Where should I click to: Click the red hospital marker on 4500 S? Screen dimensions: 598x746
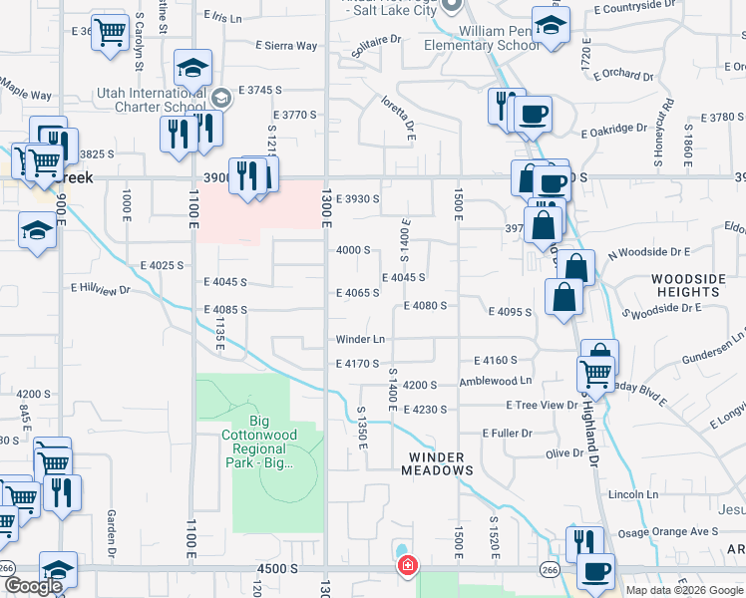(x=407, y=567)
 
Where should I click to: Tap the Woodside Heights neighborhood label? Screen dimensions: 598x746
(x=684, y=285)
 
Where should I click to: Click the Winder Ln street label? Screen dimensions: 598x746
(x=360, y=339)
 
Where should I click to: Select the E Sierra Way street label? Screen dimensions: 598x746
(x=286, y=46)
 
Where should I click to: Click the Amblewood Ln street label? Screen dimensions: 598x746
(x=496, y=382)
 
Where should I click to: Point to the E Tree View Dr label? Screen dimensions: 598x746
(x=542, y=405)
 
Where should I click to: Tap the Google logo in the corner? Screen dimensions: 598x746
(x=33, y=586)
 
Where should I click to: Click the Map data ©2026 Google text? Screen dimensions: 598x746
(x=685, y=590)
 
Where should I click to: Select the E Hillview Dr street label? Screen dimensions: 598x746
(x=101, y=288)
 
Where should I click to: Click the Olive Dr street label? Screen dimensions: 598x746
(x=563, y=453)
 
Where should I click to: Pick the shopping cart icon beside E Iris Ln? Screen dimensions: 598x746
(x=110, y=33)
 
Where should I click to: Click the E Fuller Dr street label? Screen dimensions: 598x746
(x=508, y=434)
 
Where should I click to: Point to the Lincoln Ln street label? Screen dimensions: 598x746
(x=633, y=494)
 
